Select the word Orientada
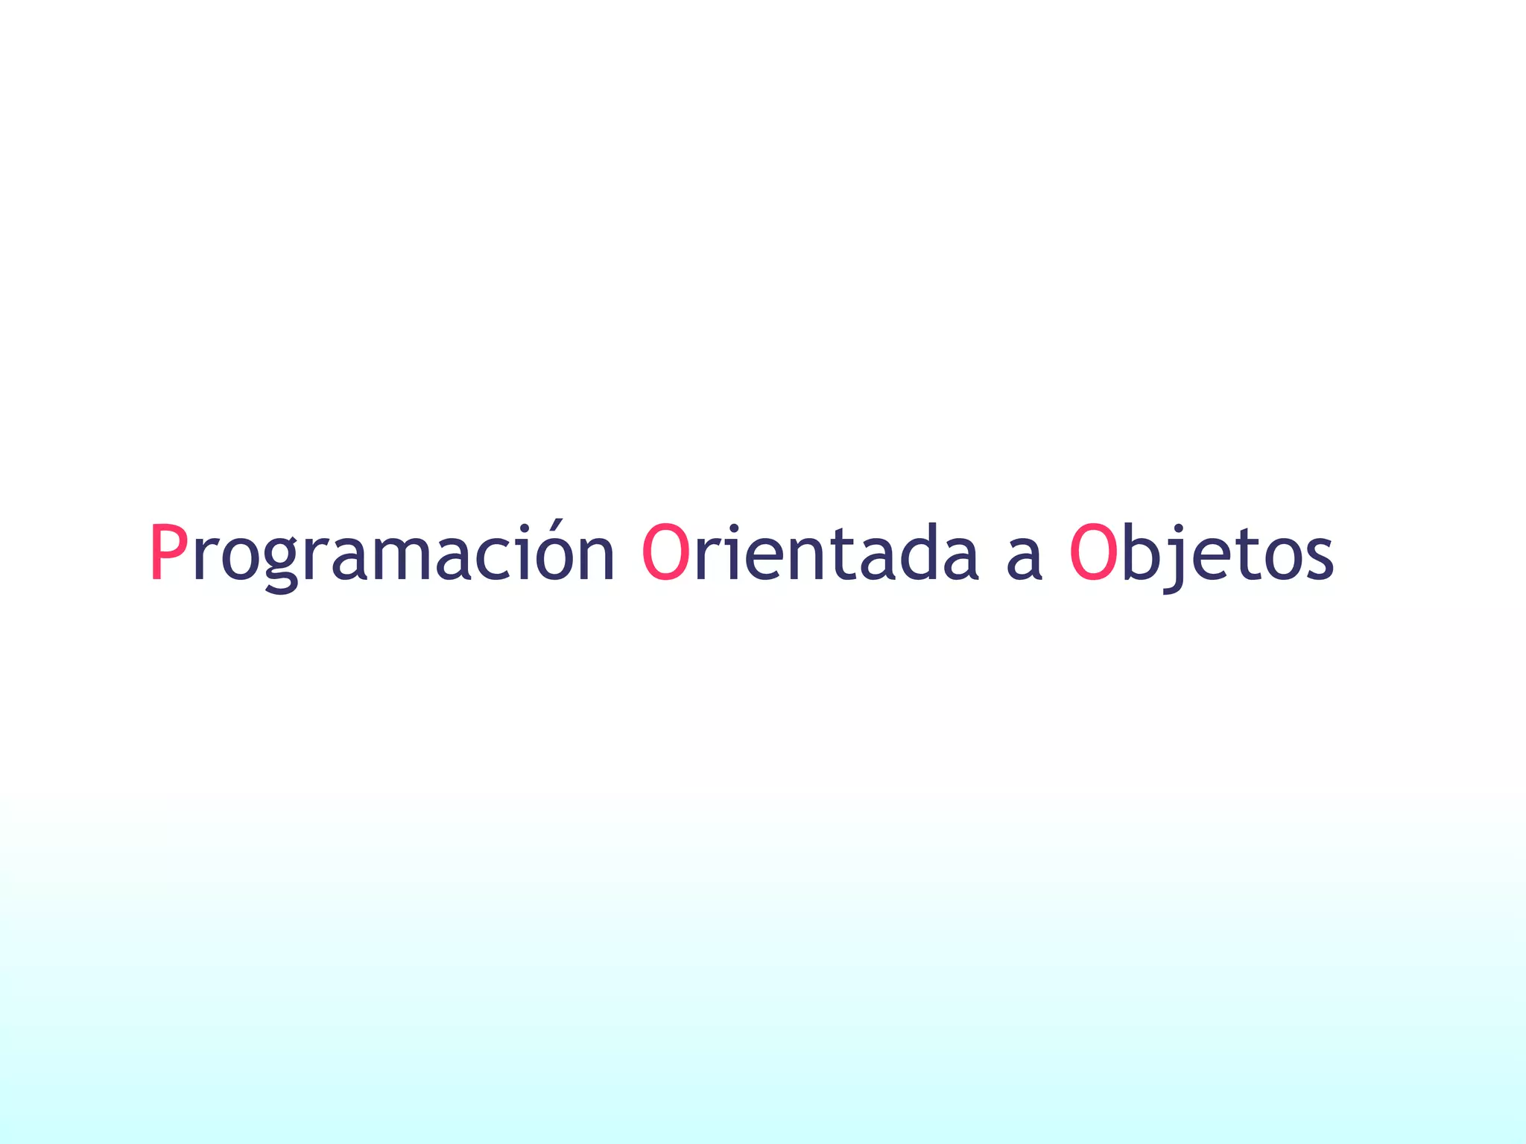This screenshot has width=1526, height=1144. pyautogui.click(x=808, y=553)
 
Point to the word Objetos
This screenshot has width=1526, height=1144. pyautogui.click(x=1201, y=553)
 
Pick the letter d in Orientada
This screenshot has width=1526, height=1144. pyautogui.click(x=919, y=552)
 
